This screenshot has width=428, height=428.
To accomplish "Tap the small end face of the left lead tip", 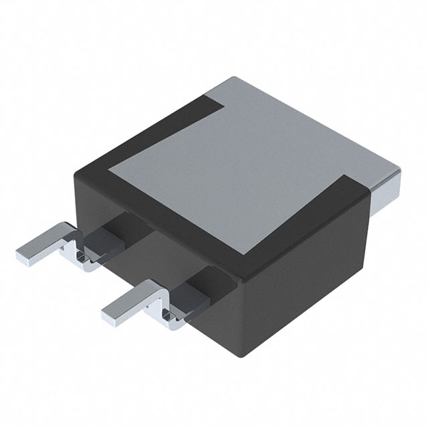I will [20, 257].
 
